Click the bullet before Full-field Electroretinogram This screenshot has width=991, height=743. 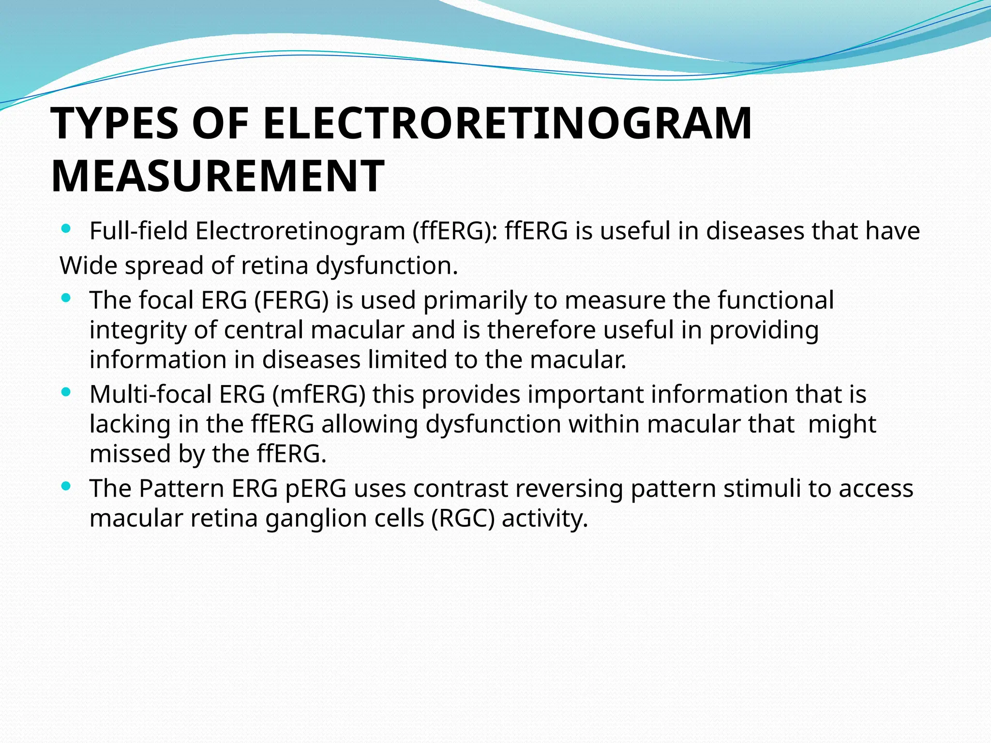pos(66,228)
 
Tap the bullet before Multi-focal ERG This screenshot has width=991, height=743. pos(66,392)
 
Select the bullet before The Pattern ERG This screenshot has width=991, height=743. pos(66,486)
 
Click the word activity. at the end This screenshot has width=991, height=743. pos(545,519)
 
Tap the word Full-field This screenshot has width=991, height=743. pos(138,231)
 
